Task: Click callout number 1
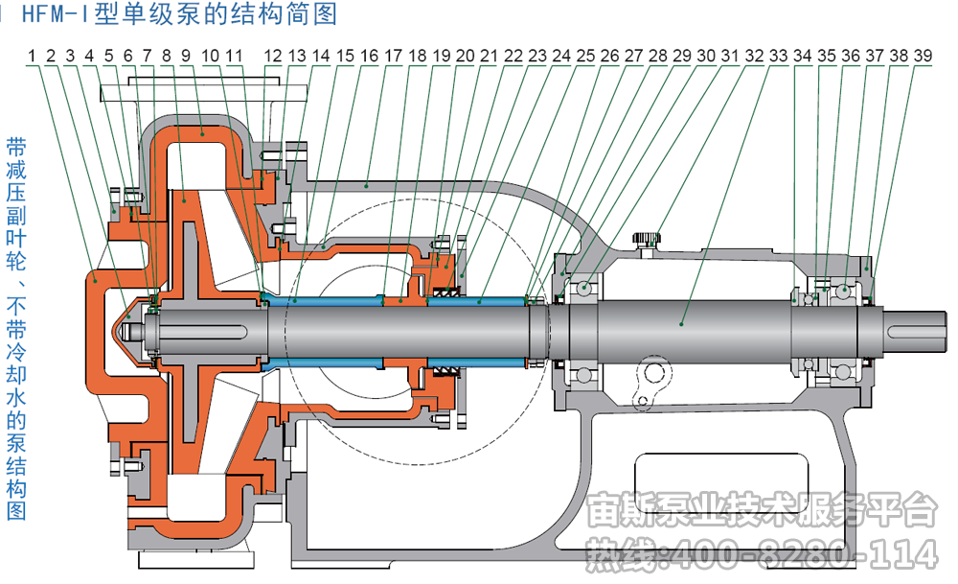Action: (33, 56)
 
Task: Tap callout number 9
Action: (185, 56)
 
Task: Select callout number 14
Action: (320, 56)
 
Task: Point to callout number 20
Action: (465, 56)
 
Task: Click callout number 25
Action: (585, 56)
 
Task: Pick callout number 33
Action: (779, 56)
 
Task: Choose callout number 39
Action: (923, 56)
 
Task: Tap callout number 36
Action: (851, 56)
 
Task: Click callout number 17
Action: (393, 56)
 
